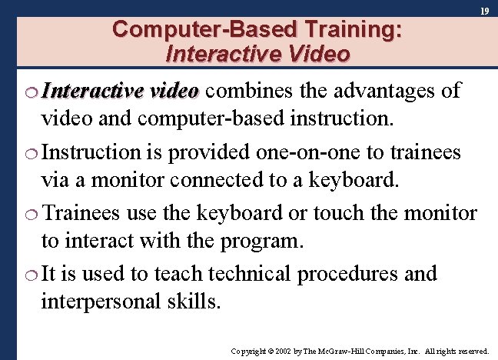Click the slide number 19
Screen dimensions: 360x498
tap(485, 12)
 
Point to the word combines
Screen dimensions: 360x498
tap(243, 91)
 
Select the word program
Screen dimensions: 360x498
tap(262, 242)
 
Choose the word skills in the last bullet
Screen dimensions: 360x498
tap(193, 302)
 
